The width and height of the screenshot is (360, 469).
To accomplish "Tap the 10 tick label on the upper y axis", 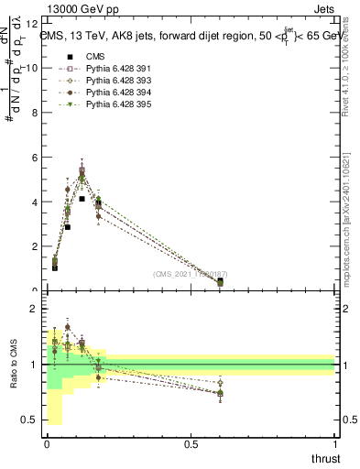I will pyautogui.click(x=32, y=68).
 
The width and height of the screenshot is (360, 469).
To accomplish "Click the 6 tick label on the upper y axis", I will pyautogui.click(x=35, y=158).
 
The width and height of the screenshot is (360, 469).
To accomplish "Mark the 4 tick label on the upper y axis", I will pyautogui.click(x=35, y=202).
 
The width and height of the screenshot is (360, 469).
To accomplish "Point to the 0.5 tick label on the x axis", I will pyautogui.click(x=191, y=444).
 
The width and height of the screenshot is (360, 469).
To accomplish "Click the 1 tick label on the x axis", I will pyautogui.click(x=334, y=444).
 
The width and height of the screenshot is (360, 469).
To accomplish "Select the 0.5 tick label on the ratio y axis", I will pyautogui.click(x=31, y=420).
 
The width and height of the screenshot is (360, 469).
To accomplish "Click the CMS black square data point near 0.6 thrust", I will pyautogui.click(x=220, y=281).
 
